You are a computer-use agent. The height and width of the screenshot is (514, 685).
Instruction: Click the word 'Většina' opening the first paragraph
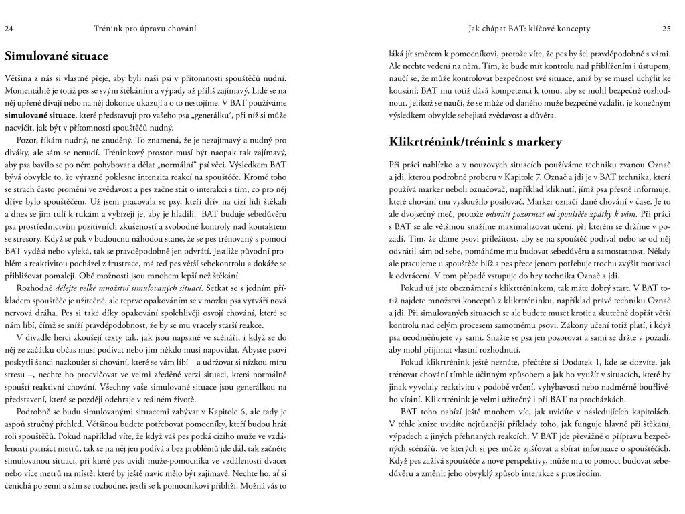pyautogui.click(x=19, y=76)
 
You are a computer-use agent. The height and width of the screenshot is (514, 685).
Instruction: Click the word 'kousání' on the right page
pyautogui.click(x=403, y=89)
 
